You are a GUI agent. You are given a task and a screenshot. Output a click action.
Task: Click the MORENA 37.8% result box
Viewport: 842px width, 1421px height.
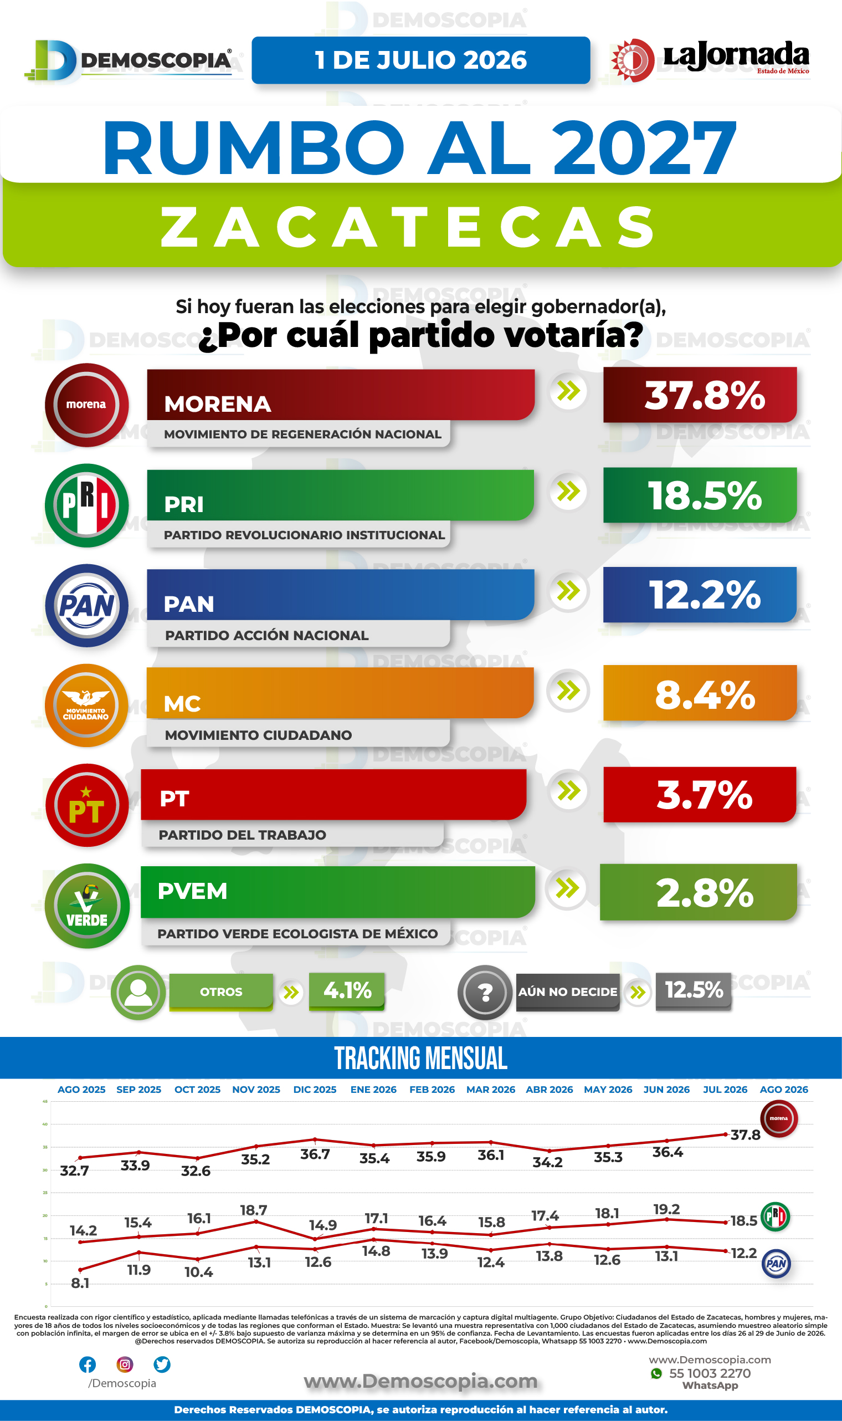(x=700, y=395)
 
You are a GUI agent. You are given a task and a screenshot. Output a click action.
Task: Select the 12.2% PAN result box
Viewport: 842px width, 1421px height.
(x=700, y=595)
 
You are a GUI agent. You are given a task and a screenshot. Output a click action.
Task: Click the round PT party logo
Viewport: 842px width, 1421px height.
(x=87, y=805)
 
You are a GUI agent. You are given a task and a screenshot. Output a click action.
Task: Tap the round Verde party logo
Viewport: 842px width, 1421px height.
(x=87, y=906)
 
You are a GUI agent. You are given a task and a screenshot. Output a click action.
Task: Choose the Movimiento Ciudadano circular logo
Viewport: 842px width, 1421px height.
(x=87, y=706)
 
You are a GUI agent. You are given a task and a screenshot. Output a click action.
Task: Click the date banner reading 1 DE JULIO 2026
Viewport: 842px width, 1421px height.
(x=421, y=60)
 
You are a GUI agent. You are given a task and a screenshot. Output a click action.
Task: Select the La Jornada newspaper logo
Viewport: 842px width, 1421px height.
(x=710, y=60)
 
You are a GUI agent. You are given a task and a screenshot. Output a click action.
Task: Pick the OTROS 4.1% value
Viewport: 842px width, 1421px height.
(x=347, y=991)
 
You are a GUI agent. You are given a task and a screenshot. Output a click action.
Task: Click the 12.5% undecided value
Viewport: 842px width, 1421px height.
(x=694, y=990)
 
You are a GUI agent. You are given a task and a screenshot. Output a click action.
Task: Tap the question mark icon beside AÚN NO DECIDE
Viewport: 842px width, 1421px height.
(x=485, y=993)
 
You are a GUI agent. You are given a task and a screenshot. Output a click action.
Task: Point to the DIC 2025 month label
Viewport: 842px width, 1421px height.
(x=315, y=1090)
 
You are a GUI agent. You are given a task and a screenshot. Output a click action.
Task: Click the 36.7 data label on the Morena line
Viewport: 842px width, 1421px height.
(x=315, y=1154)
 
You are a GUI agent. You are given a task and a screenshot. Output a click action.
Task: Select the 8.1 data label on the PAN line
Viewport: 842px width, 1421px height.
(x=80, y=1283)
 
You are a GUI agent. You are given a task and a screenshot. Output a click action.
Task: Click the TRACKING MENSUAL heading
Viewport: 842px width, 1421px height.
(x=421, y=1059)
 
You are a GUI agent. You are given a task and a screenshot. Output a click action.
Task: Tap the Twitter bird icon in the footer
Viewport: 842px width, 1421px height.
(x=162, y=1364)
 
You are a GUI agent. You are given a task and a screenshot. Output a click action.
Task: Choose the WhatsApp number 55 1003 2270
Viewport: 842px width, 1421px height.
(x=710, y=1373)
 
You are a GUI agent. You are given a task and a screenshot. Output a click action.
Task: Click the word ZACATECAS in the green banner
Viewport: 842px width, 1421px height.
(x=408, y=227)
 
